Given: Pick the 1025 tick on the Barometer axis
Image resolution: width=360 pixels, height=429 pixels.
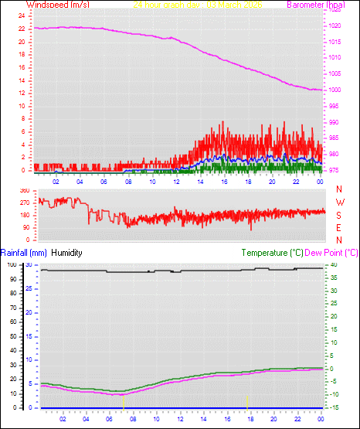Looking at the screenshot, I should click(335, 11).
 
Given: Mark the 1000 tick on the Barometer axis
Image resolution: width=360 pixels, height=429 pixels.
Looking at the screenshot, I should click(335, 90).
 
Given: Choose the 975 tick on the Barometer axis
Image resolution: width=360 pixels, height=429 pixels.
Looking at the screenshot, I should click(334, 170).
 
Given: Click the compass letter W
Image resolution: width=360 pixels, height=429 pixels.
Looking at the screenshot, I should click(339, 203).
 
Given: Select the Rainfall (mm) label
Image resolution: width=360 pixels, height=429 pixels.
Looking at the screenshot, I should click(23, 253).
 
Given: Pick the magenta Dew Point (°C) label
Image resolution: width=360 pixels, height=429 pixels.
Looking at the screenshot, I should click(331, 253).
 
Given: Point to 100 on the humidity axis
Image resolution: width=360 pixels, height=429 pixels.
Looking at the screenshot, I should click(12, 264).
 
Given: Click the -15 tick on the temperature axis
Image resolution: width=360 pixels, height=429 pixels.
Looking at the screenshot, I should click(332, 407).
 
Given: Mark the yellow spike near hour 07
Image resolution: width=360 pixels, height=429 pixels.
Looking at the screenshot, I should click(124, 400).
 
